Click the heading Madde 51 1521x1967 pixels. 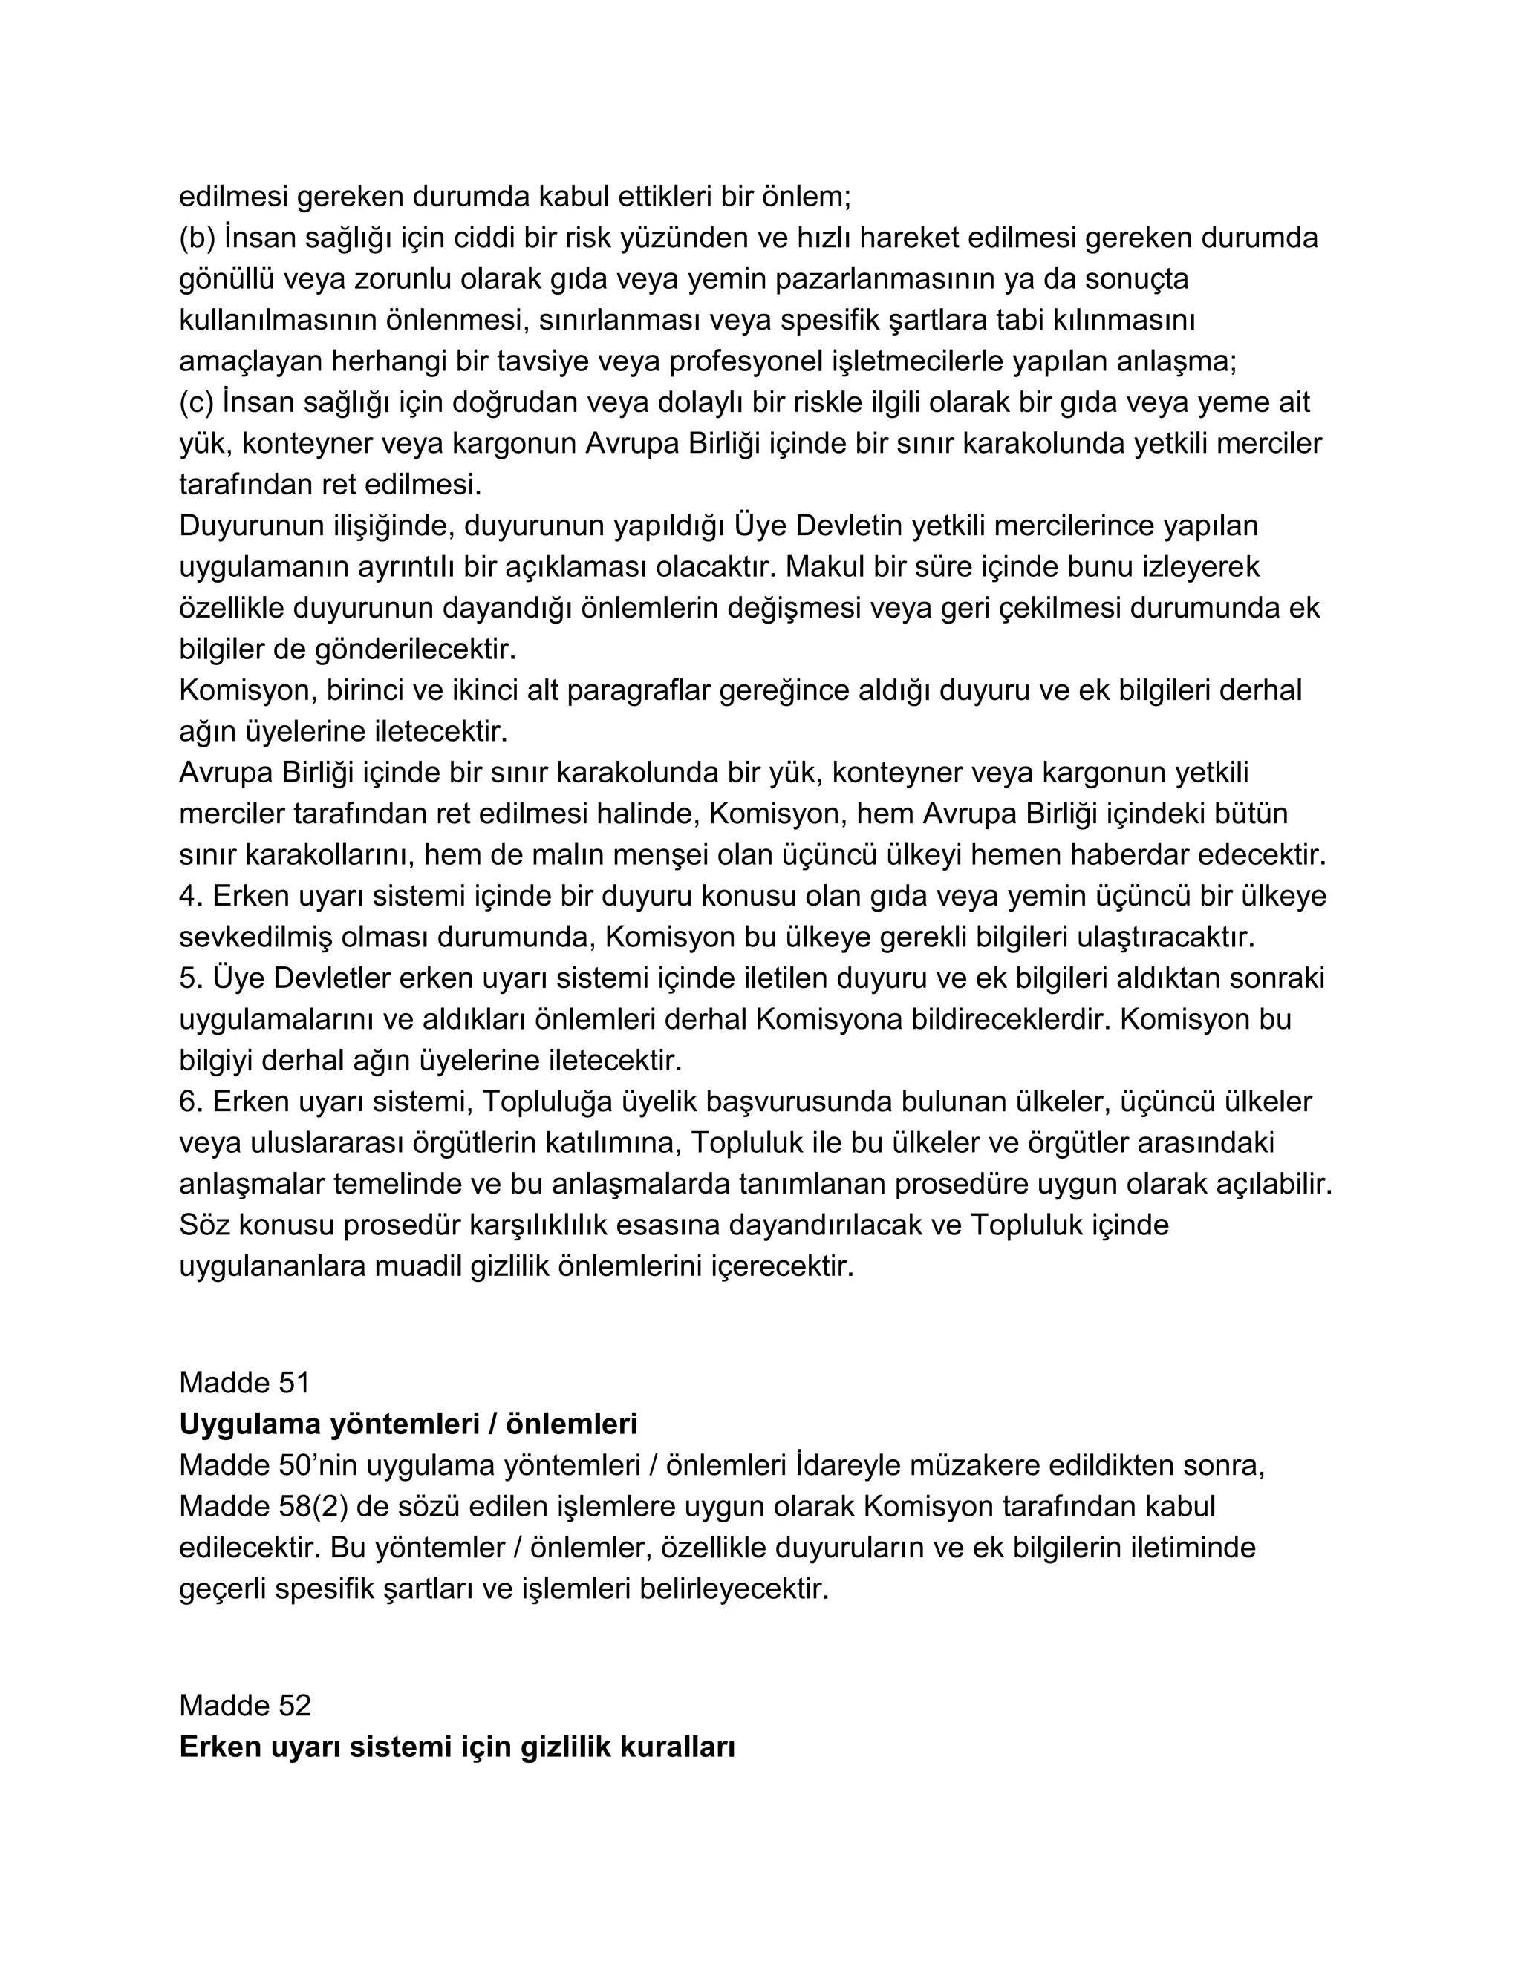244,1383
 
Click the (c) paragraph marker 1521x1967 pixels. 195,402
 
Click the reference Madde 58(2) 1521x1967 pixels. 263,1507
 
